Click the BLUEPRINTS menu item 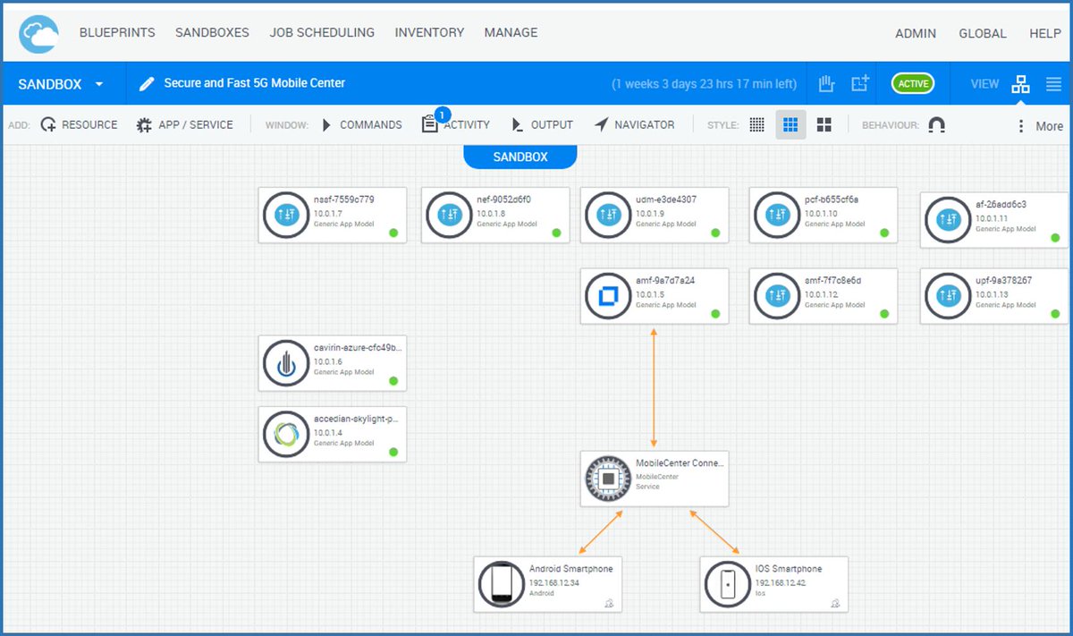coord(117,32)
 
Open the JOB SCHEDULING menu coord(322,32)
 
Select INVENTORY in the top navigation coord(429,32)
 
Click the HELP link coord(1044,33)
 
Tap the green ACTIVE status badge coord(912,84)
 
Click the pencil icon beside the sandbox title coord(147,84)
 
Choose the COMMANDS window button coord(362,125)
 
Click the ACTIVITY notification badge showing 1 coord(442,114)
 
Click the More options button coord(1039,126)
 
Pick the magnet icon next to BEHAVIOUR coord(936,125)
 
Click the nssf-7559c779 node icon coord(286,215)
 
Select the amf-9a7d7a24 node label coord(665,281)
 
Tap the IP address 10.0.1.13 coord(991,294)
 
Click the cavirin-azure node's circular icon coord(286,363)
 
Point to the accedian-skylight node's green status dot coord(393,452)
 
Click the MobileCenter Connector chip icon coord(608,479)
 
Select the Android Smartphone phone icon coord(501,584)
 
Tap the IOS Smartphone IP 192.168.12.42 coord(781,582)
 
